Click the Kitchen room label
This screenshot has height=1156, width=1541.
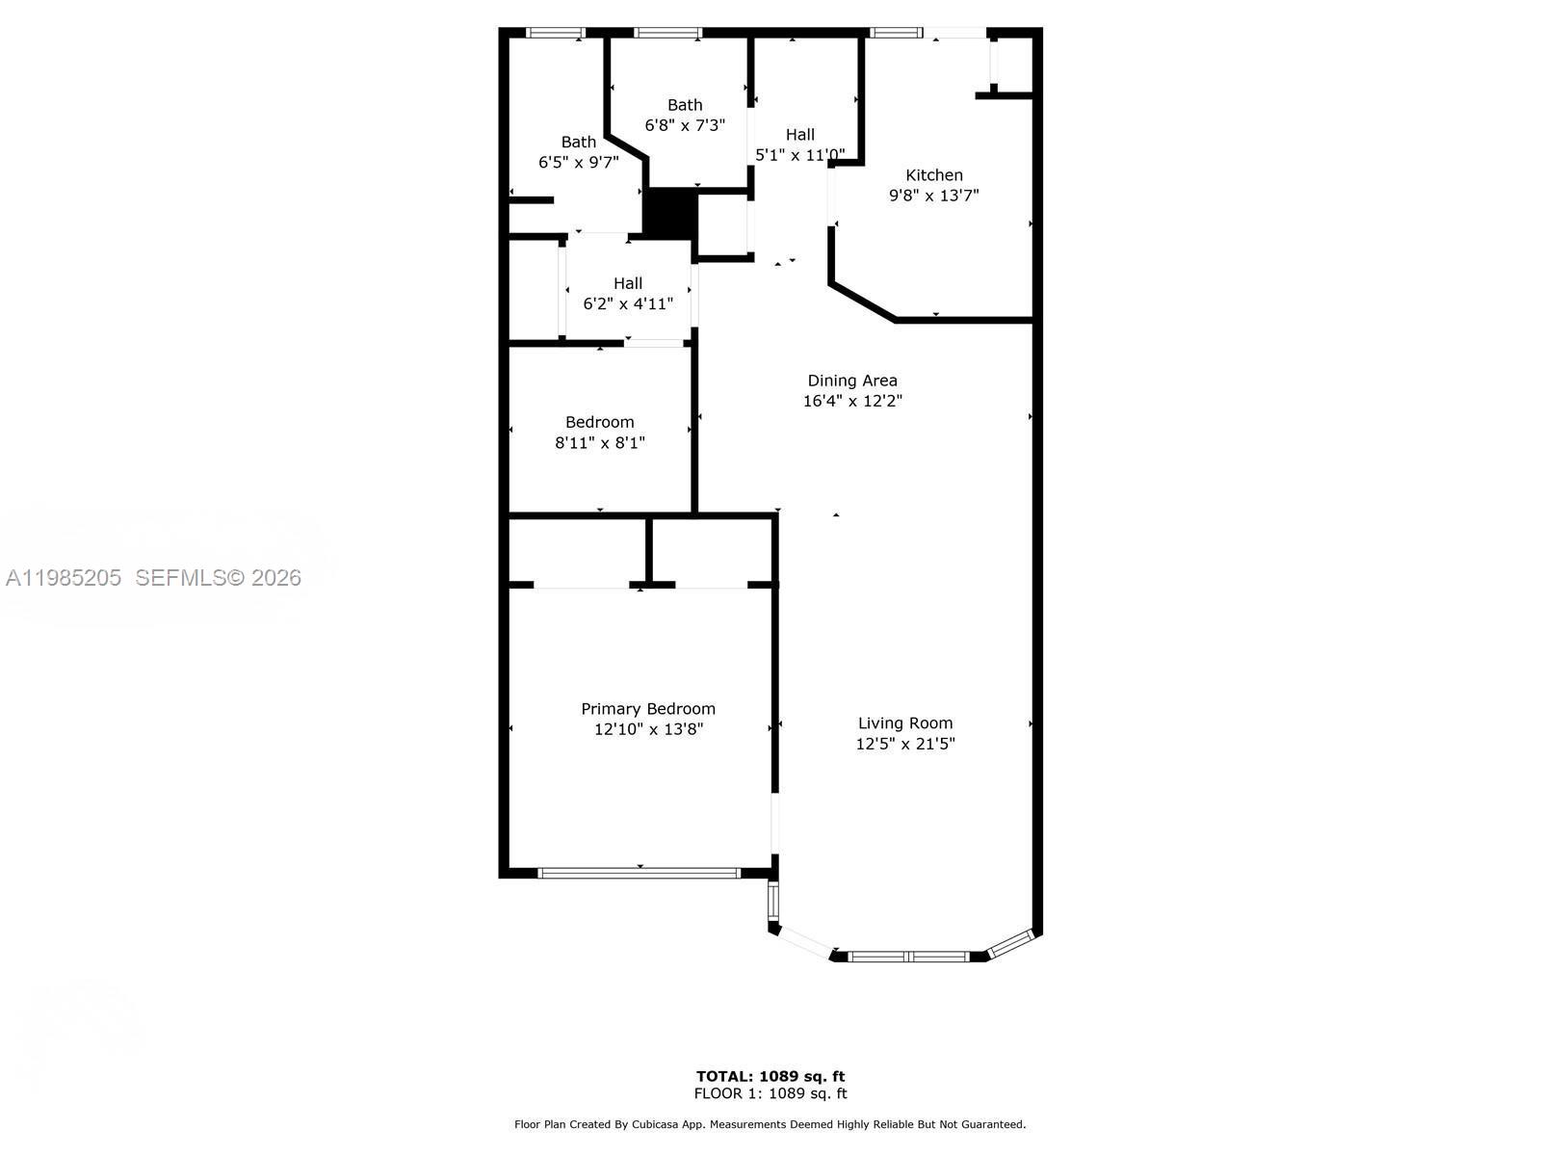click(933, 174)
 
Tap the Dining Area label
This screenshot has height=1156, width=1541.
click(851, 381)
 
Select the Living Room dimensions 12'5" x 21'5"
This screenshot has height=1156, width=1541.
click(904, 744)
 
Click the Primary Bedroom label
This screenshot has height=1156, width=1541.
click(647, 709)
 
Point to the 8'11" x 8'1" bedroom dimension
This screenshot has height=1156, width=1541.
click(599, 443)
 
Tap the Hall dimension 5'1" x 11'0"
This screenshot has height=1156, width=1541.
click(799, 155)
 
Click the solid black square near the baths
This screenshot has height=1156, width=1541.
click(669, 214)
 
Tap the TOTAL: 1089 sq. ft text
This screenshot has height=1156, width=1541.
click(770, 1076)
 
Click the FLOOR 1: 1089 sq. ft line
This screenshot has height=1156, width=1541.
click(770, 1093)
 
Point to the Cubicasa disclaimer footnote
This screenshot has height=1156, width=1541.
click(770, 1124)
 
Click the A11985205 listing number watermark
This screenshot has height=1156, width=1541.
click(64, 578)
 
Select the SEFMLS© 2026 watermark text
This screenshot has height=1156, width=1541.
click(219, 578)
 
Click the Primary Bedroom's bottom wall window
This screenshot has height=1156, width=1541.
click(639, 873)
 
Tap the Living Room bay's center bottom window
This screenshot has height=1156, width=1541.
click(908, 957)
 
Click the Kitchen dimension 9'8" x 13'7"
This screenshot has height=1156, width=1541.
click(933, 196)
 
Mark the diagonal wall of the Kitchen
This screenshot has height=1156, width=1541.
click(863, 302)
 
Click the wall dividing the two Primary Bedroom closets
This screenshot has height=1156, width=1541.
click(649, 551)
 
